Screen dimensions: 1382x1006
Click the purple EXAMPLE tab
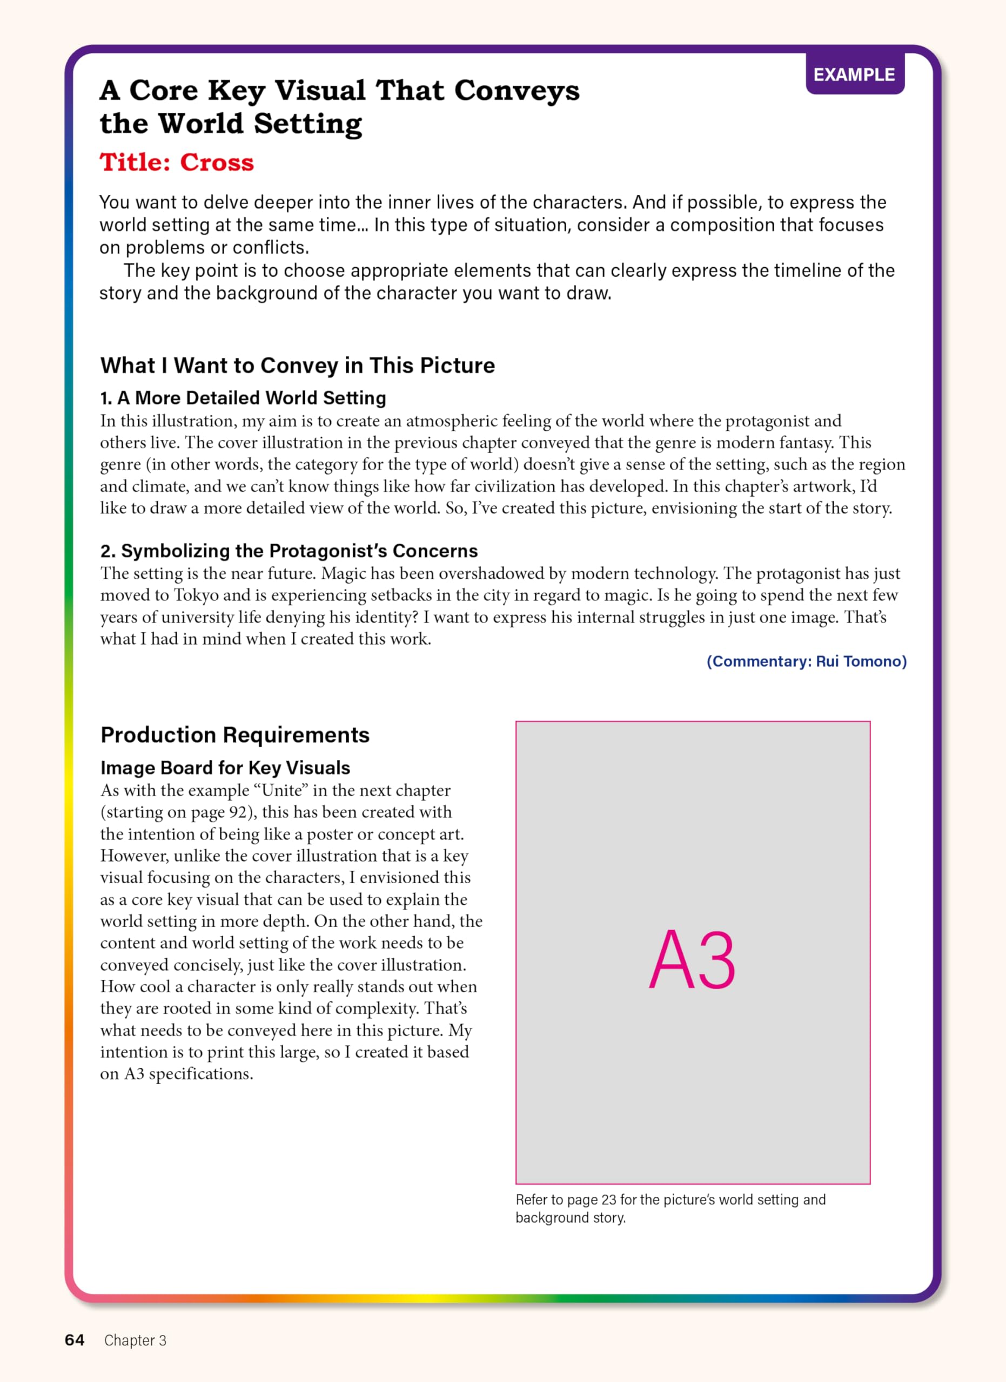tap(854, 74)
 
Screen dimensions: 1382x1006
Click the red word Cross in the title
tap(217, 162)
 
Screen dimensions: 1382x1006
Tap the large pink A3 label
tap(692, 961)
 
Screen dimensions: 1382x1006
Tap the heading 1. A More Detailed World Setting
tap(243, 398)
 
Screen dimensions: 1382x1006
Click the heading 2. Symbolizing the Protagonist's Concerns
tap(289, 551)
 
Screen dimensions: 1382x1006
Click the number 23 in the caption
tap(608, 1200)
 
